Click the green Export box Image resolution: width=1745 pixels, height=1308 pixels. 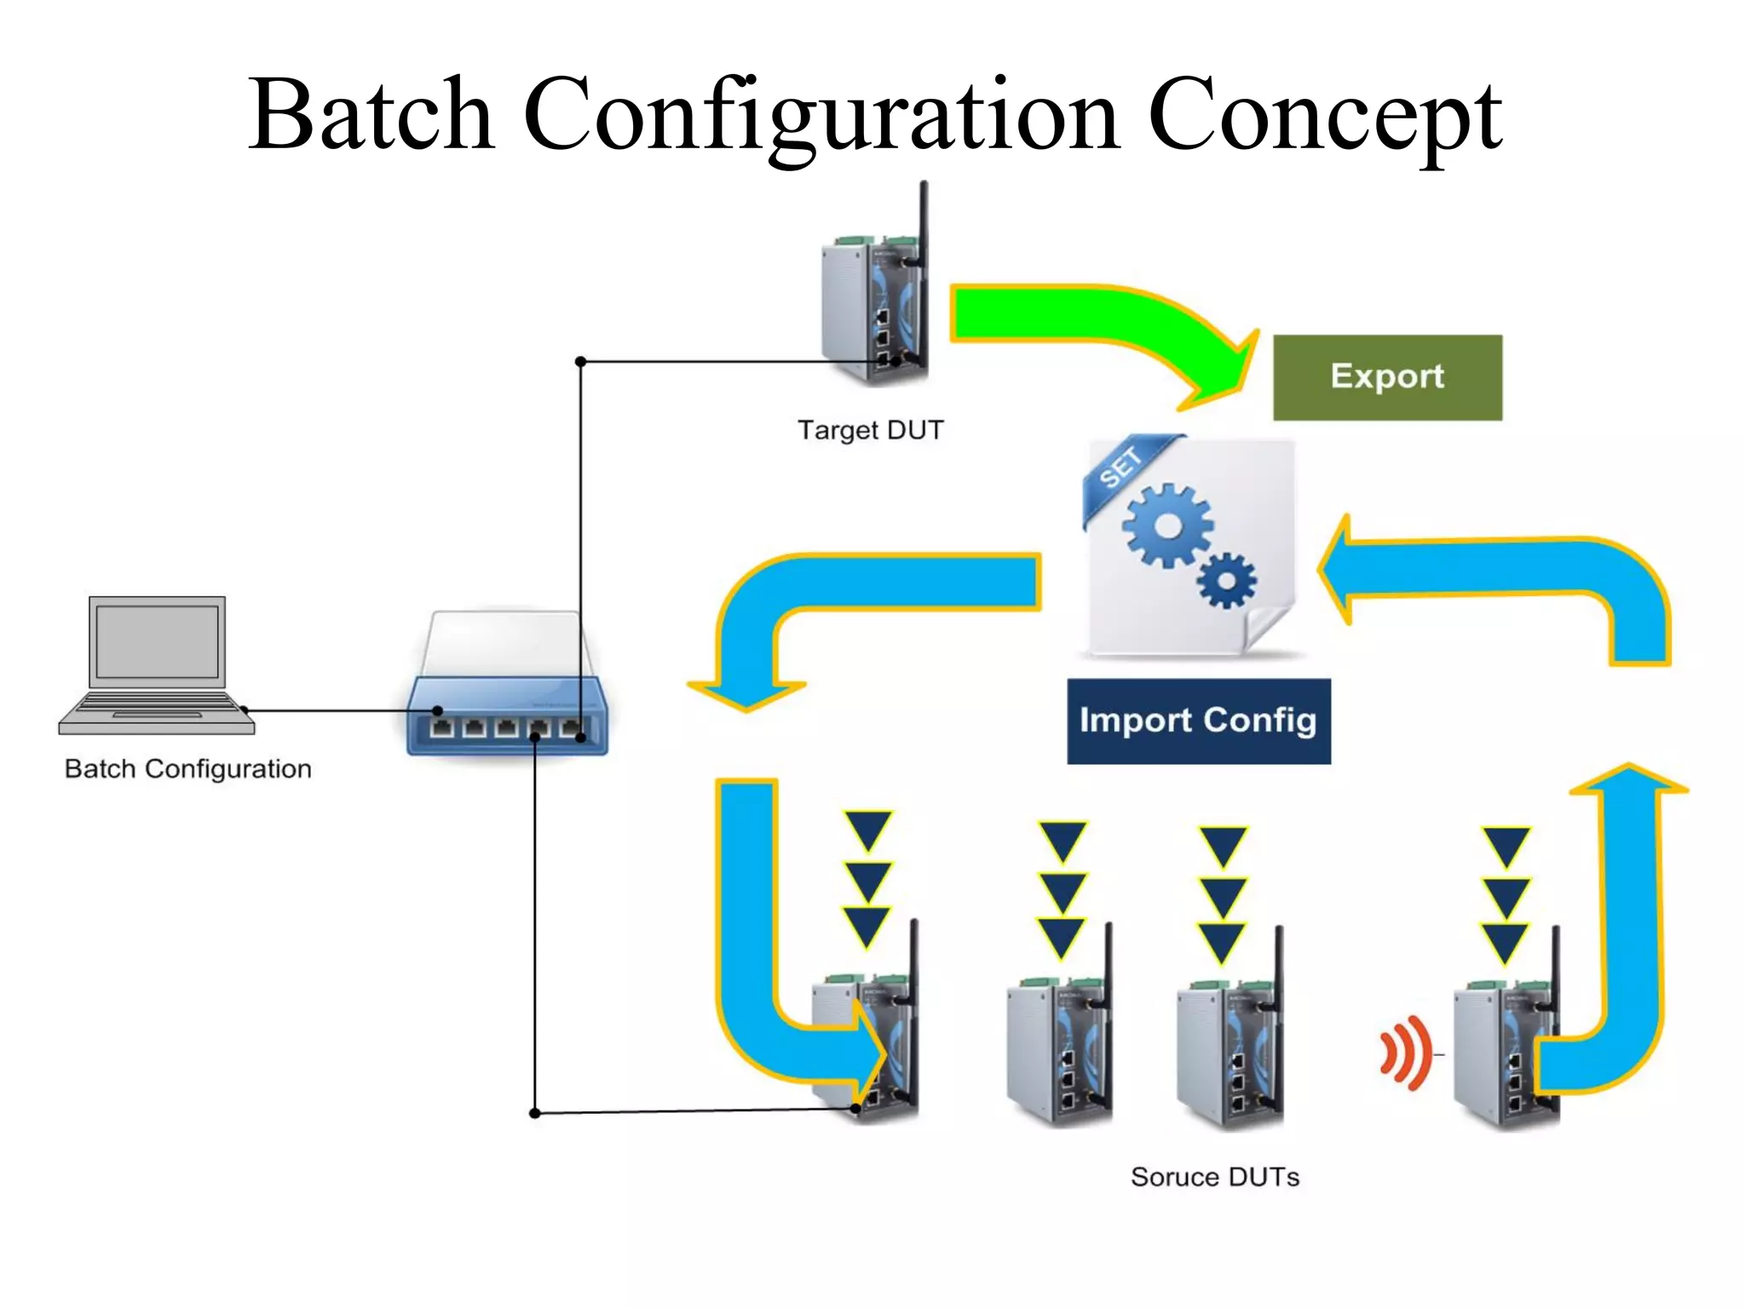point(1386,377)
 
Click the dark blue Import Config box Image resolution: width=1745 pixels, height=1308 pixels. point(1198,720)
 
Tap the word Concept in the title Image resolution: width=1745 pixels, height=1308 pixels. point(1324,115)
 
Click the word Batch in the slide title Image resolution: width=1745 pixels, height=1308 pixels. point(371,115)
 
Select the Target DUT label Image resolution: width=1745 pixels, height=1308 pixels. point(870,430)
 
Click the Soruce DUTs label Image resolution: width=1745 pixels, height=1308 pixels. point(1214,1177)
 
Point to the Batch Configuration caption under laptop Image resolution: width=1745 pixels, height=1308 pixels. point(187,769)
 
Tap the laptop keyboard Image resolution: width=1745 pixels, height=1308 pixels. point(156,703)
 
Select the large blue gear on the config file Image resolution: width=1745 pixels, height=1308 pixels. point(1166,525)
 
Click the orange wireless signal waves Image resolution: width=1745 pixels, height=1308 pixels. point(1403,1053)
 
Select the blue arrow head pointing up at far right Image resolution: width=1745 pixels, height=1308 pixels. point(1628,779)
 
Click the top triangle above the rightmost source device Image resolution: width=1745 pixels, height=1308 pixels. point(1506,845)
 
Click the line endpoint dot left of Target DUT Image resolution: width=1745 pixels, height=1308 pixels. point(580,362)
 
